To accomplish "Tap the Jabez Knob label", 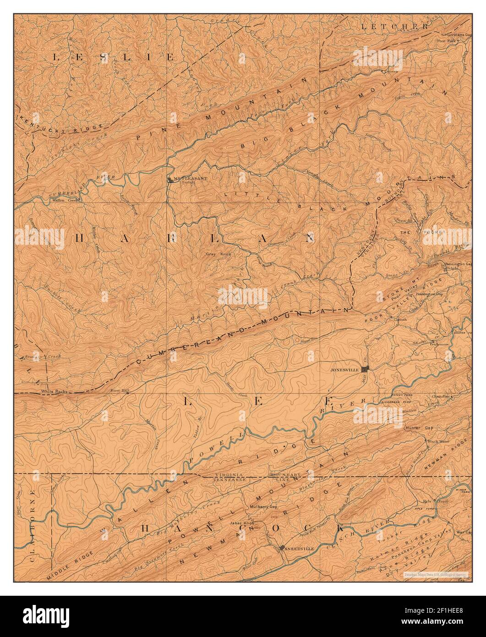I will tap(243, 523).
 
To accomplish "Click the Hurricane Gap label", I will tap(458, 34).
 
